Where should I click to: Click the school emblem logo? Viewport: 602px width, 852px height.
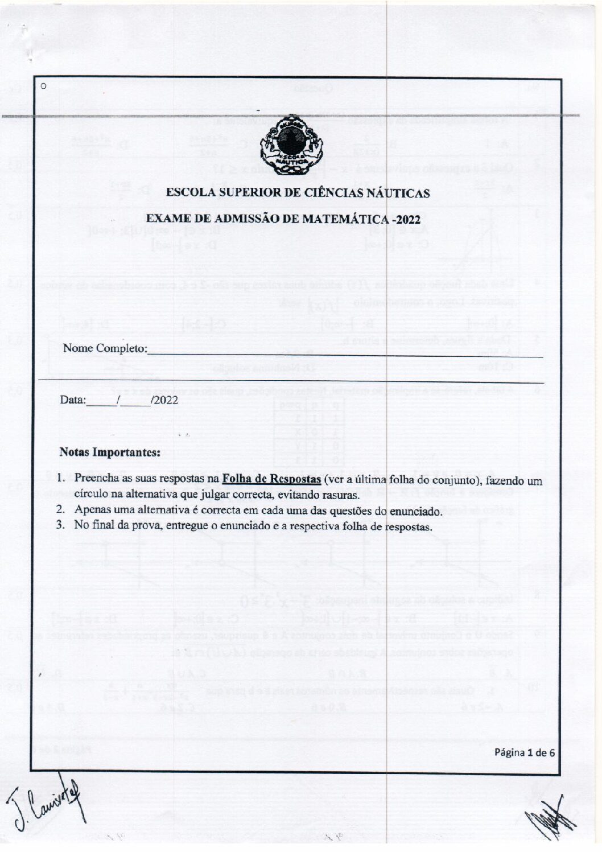[x=291, y=145]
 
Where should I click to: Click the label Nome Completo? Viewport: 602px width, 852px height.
[x=105, y=348]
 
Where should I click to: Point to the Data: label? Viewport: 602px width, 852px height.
[x=73, y=400]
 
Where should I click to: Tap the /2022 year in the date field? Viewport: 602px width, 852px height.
[x=164, y=400]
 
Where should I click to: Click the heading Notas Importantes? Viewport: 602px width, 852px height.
[x=109, y=453]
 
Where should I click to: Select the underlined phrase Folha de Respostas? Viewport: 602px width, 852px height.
[x=271, y=480]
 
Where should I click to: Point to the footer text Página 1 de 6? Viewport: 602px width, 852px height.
[x=524, y=752]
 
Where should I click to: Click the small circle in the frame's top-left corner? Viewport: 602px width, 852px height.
[x=43, y=87]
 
